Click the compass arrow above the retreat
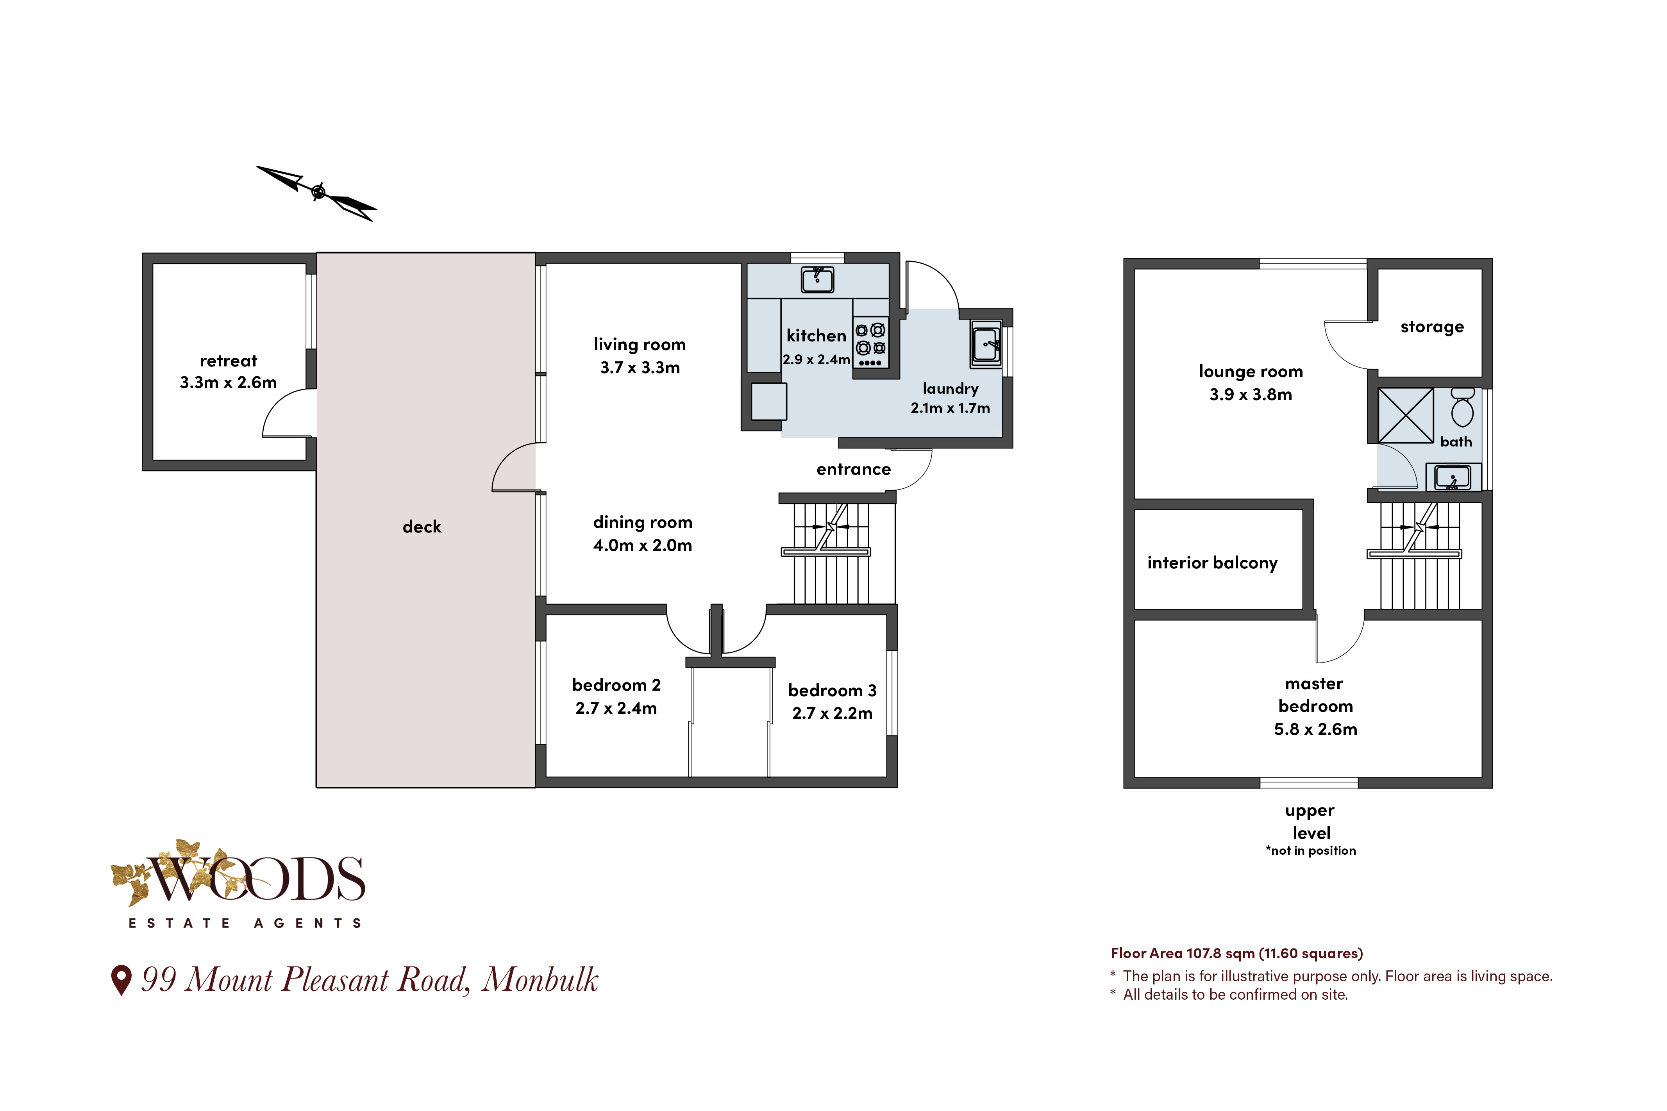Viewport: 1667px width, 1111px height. point(317,192)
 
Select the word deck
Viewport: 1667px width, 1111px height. point(422,527)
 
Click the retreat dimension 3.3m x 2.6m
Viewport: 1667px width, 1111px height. point(228,382)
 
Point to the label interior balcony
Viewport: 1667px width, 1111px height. point(1212,563)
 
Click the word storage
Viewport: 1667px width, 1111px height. point(1432,327)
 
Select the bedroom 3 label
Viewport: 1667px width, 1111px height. point(833,690)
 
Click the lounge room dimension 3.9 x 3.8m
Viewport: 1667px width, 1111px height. point(1251,395)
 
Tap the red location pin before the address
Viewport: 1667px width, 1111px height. point(122,980)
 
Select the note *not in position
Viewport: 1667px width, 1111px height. point(1311,850)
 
